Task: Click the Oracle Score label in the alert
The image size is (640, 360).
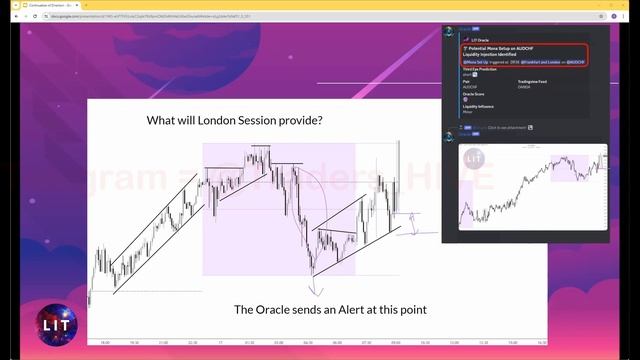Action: [473, 95]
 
